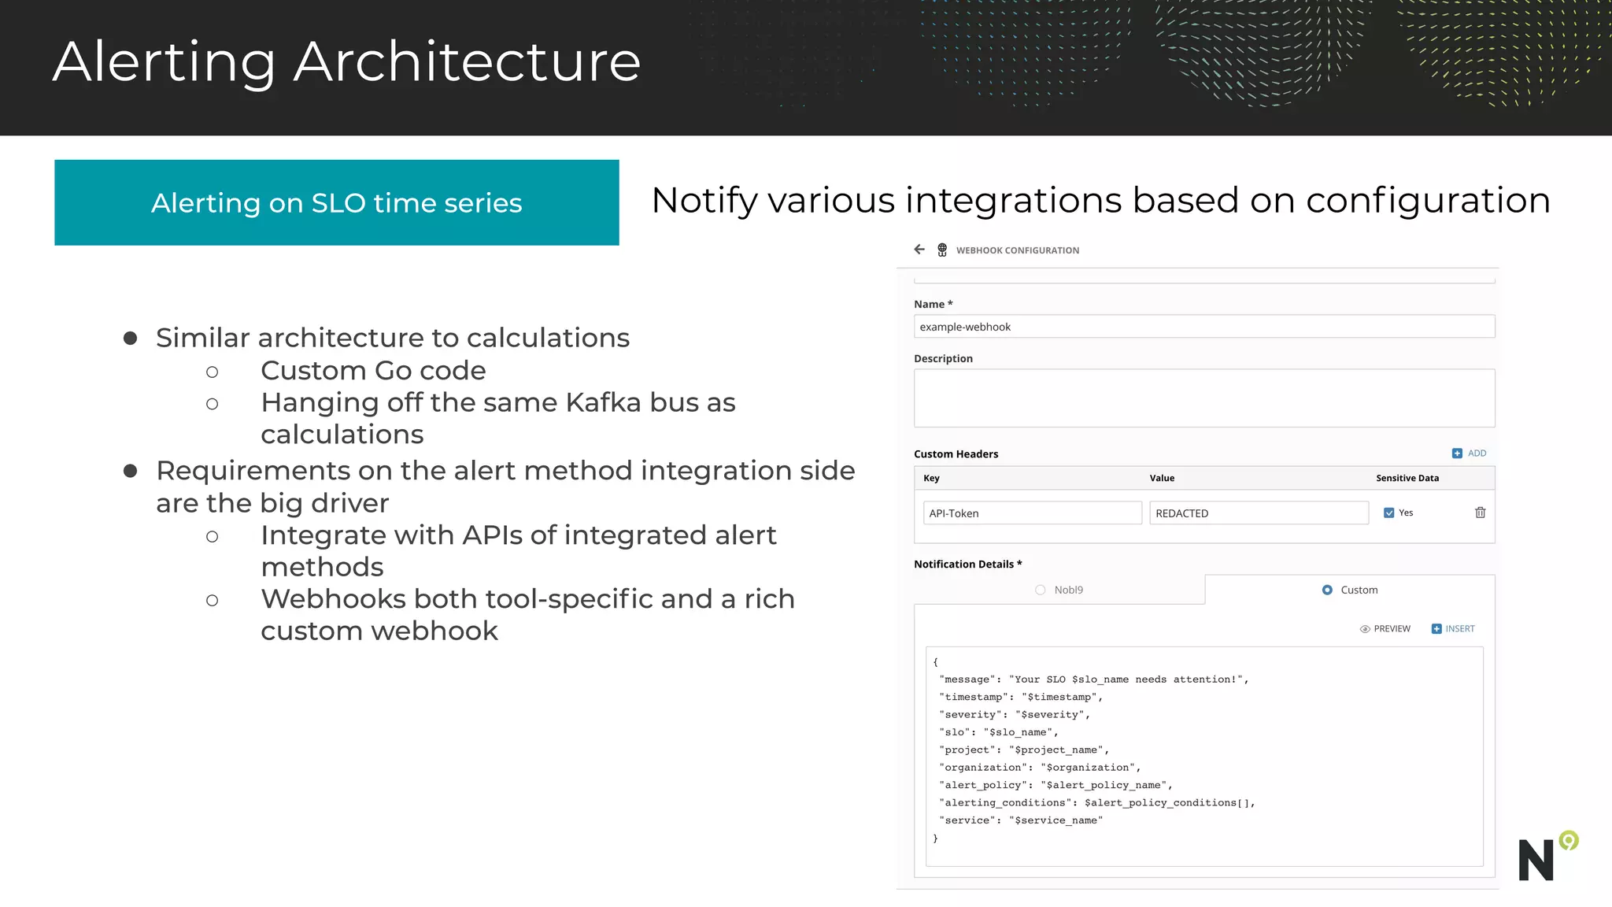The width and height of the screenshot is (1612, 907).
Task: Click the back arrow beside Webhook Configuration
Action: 919,250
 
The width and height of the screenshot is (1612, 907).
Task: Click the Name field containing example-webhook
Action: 1203,327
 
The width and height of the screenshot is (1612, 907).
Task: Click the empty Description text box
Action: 1203,398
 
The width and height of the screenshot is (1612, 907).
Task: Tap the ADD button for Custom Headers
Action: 1469,453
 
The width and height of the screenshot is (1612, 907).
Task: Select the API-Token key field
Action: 1032,513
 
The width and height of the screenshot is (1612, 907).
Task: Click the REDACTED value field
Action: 1258,513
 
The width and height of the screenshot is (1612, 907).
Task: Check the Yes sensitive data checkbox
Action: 1388,513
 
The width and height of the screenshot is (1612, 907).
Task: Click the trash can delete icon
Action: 1480,513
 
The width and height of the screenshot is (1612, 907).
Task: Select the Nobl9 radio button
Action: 1041,590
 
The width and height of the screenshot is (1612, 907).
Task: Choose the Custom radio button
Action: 1327,590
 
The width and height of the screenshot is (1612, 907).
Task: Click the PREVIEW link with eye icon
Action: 1385,629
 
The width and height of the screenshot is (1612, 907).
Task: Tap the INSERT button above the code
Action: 1453,629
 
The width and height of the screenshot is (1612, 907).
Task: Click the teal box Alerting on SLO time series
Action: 337,203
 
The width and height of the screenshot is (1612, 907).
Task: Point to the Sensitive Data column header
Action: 1407,478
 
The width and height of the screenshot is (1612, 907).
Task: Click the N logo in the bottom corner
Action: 1536,860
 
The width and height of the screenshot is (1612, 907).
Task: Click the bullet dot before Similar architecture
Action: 131,339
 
